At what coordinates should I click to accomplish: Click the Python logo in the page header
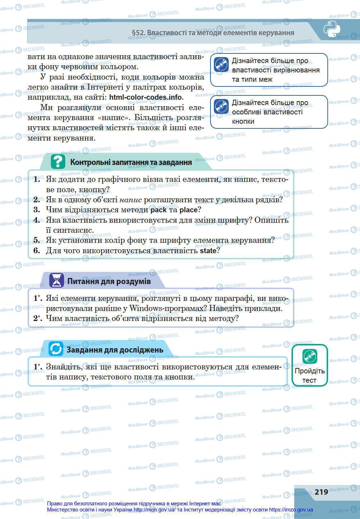(332, 29)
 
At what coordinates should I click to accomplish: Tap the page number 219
(321, 492)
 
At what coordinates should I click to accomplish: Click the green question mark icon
(58, 162)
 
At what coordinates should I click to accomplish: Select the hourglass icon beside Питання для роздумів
(56, 280)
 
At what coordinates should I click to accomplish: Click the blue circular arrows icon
(56, 349)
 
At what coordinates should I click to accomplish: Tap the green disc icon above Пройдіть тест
(309, 357)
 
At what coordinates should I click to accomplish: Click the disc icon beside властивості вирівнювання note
(221, 65)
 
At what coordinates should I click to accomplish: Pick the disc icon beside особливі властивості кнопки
(221, 107)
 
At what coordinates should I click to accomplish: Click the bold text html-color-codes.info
(146, 97)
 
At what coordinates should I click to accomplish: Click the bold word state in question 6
(208, 250)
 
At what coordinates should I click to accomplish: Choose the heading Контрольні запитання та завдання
(131, 162)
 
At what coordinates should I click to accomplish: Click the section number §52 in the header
(138, 33)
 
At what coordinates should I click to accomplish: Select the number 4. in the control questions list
(37, 220)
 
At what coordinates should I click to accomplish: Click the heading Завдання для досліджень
(115, 349)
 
